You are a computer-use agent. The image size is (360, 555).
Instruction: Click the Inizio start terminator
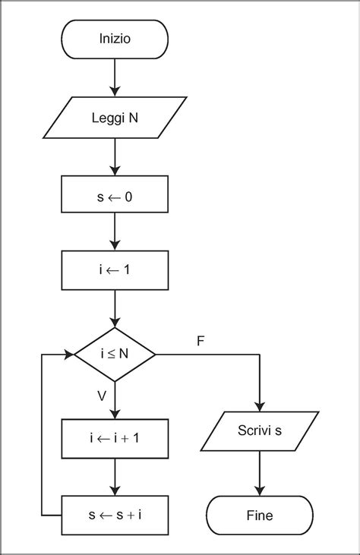[114, 39]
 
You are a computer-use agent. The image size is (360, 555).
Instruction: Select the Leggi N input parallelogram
[114, 118]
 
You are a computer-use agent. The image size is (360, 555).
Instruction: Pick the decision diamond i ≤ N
[114, 355]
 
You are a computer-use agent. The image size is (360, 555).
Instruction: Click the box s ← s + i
[114, 516]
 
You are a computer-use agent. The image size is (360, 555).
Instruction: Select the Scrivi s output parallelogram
[260, 432]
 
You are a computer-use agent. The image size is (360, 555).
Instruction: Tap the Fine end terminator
[260, 516]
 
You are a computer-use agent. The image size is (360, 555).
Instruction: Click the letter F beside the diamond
[200, 341]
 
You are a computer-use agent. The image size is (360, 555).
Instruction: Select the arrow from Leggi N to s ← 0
[114, 156]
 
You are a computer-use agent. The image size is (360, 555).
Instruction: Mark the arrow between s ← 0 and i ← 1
[114, 232]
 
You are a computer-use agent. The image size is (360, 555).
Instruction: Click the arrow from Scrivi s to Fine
[260, 474]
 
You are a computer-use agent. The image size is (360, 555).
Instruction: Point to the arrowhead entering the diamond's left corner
[68, 355]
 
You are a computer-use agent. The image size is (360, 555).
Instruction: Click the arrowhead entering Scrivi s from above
[260, 406]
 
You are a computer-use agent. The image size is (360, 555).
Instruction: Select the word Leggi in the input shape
[102, 118]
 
